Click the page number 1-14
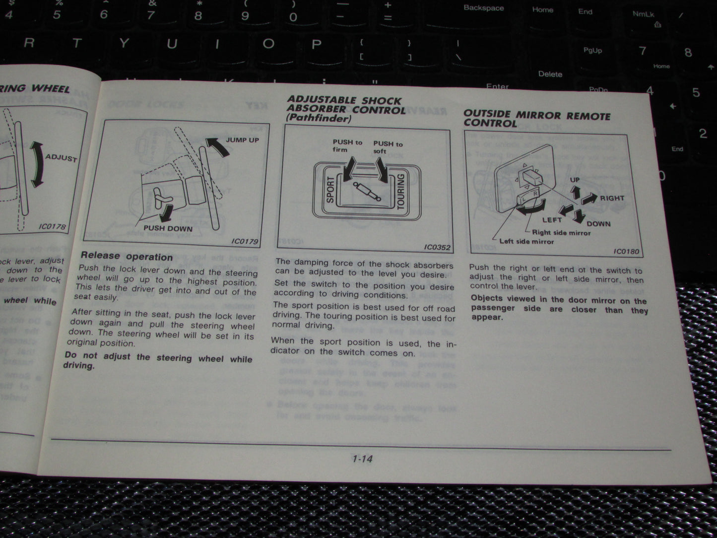pos(362,459)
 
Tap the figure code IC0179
pos(245,242)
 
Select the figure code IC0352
pos(437,247)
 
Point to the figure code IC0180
pos(626,251)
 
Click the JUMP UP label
pos(243,140)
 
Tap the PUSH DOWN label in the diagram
pos(168,228)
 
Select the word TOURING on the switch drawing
pos(401,191)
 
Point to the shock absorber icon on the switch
pos(367,191)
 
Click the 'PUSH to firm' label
pos(347,145)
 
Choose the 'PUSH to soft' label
pos(388,147)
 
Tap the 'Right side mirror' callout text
pos(561,232)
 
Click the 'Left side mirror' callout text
pos(526,241)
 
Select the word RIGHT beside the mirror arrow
pos(612,198)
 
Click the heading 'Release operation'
pos(127,257)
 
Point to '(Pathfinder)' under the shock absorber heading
pos(319,119)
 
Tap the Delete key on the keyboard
pos(550,74)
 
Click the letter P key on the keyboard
pos(316,44)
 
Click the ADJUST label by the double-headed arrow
pos(61,158)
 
